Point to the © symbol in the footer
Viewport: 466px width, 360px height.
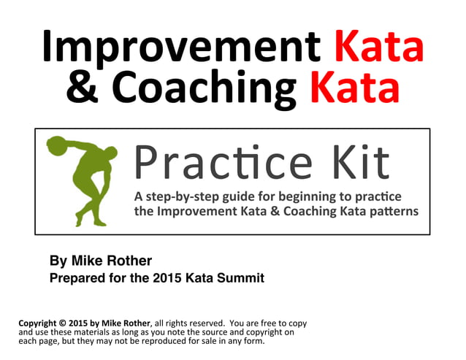click(65, 323)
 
